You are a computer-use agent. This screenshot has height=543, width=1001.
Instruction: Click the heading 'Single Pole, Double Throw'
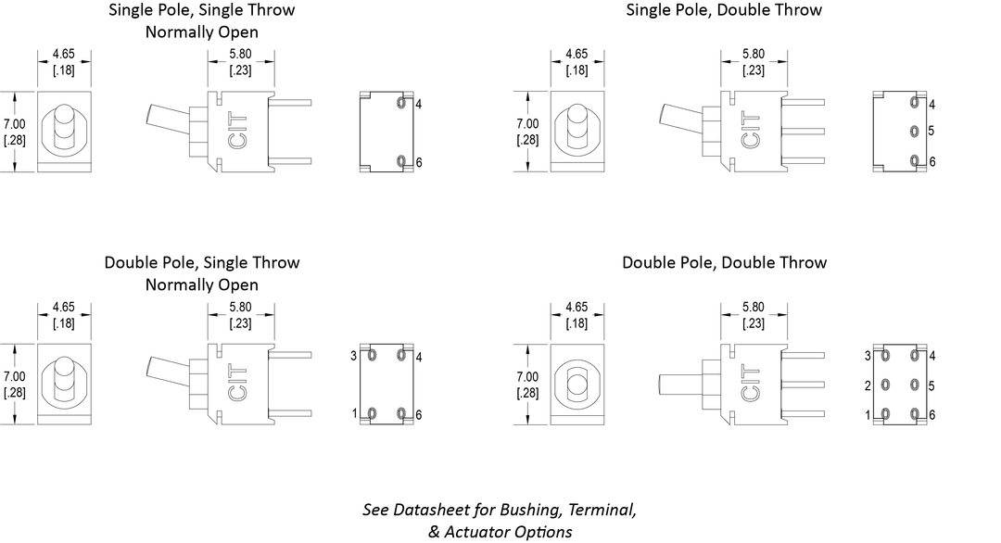click(724, 10)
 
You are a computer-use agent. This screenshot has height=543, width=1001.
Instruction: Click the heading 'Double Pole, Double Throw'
click(724, 262)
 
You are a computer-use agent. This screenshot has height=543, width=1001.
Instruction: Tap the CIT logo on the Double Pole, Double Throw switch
click(752, 385)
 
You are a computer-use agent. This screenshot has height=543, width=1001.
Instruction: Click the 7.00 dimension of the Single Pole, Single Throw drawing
click(14, 123)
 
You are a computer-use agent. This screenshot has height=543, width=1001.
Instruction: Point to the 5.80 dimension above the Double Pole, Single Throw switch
click(239, 307)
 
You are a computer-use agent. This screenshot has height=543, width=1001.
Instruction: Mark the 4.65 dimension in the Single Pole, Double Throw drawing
click(577, 54)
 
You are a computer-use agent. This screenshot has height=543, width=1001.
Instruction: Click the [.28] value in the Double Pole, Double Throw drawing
click(526, 393)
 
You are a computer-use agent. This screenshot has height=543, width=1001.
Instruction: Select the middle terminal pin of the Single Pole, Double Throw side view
click(803, 131)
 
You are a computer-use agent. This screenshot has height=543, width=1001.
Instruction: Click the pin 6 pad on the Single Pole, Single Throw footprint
click(401, 162)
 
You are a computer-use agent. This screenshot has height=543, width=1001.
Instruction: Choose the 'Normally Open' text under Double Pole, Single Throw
click(201, 284)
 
